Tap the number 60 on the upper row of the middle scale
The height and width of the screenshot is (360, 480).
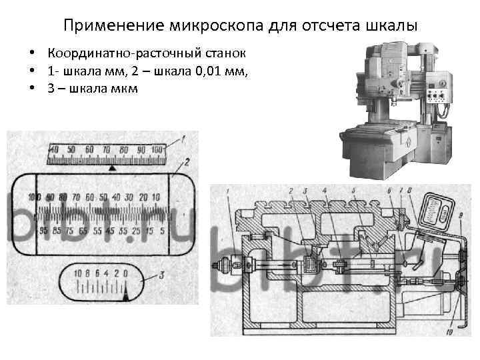point(91,197)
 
